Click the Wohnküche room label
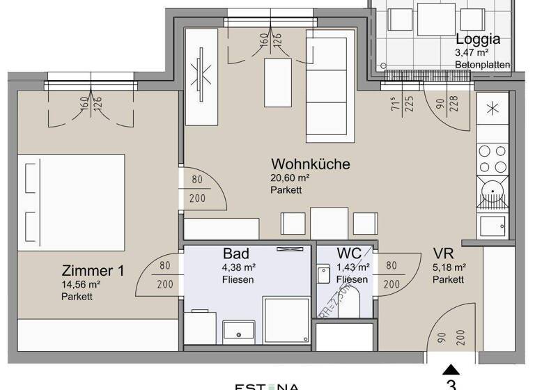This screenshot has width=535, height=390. (310, 165)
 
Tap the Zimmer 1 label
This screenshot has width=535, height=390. (93, 271)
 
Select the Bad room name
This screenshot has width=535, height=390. (236, 253)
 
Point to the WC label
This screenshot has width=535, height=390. (350, 253)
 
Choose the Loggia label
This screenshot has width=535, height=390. (478, 39)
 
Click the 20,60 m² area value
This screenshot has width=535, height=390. (290, 178)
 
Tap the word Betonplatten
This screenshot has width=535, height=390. (482, 65)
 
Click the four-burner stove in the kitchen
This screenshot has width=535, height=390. (492, 159)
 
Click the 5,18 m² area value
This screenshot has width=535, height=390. (449, 267)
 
